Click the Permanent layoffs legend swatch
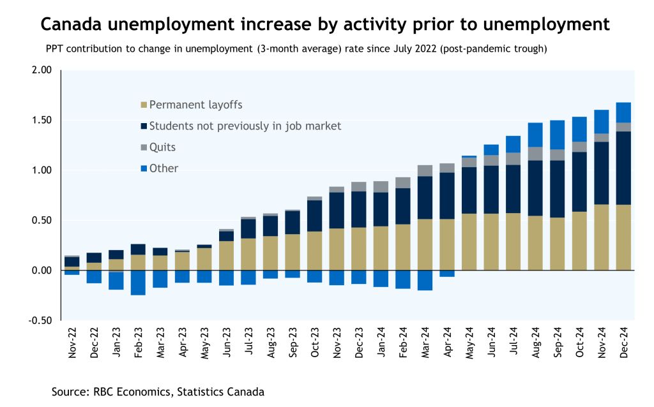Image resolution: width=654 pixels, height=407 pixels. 143,105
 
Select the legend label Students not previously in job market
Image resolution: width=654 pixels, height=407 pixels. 245,126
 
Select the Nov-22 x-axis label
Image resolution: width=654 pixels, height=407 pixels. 72,342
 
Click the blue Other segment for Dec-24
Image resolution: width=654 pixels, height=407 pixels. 623,112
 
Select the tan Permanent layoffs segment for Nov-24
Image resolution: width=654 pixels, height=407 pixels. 601,237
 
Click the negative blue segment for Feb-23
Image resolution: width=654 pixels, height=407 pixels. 138,283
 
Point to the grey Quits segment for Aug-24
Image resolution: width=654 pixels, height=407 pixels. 535,153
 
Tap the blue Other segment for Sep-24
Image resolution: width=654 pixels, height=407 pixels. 557,135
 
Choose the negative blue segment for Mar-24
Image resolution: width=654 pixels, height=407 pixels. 424,280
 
